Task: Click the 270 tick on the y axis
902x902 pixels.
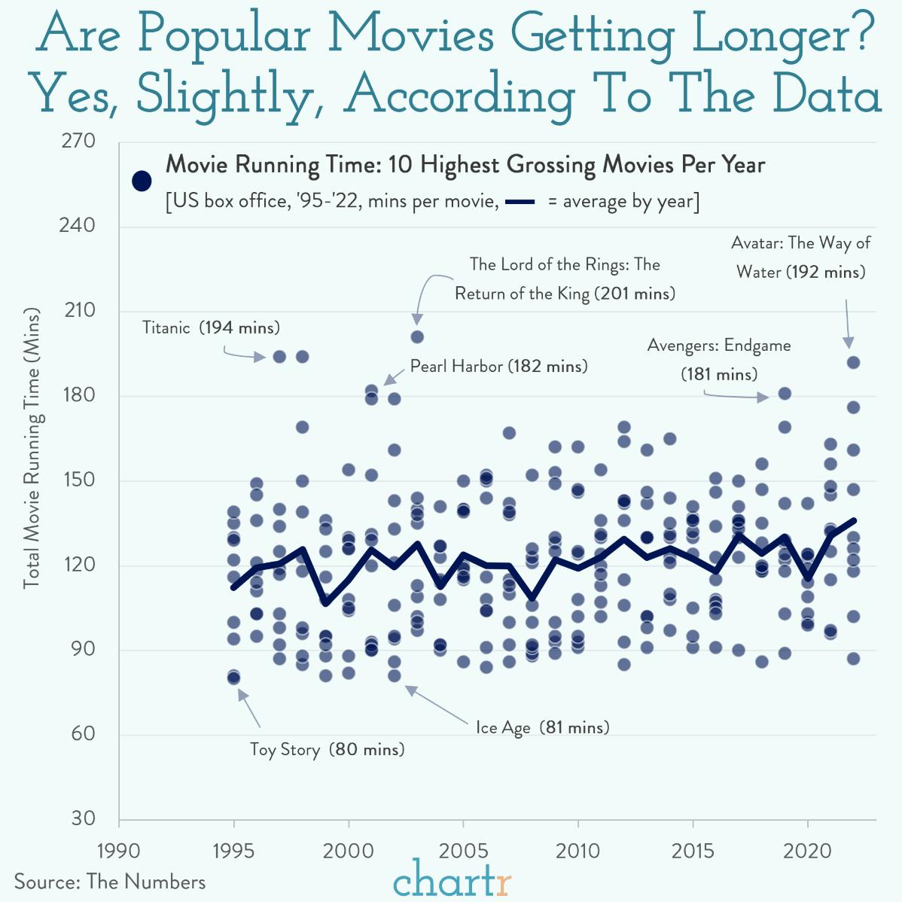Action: coord(79,142)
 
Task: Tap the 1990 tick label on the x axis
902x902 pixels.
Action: coord(119,851)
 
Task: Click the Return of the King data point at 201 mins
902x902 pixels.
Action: coord(417,337)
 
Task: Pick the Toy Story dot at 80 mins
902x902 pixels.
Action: coord(234,678)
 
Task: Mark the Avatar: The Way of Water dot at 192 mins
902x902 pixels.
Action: coord(853,362)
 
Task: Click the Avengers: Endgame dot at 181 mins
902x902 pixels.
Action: coord(785,393)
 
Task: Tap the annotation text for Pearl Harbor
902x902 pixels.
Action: coord(498,367)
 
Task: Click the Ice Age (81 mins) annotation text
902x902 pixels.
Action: coord(542,727)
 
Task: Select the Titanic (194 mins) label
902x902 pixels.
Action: coord(211,328)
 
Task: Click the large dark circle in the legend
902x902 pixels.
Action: coord(142,181)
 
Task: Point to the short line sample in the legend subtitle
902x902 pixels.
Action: coord(519,202)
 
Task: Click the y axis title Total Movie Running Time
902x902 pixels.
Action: coord(32,448)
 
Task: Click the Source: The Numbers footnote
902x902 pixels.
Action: coord(110,882)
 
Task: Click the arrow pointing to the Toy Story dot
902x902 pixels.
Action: coord(249,708)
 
